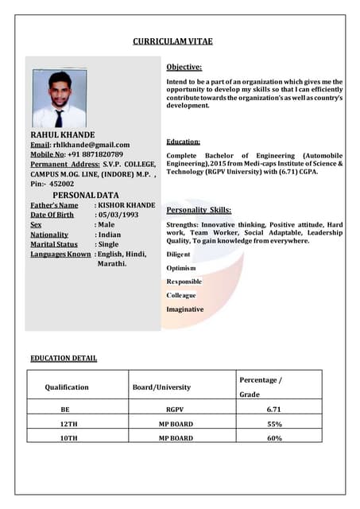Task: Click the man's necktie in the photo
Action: click(x=59, y=118)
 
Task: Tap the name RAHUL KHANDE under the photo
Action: click(x=63, y=135)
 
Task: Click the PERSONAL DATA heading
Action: click(x=85, y=195)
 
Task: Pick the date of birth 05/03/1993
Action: click(x=118, y=215)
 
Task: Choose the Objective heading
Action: click(x=184, y=67)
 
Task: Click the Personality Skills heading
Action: click(x=199, y=210)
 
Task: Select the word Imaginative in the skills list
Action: click(x=184, y=309)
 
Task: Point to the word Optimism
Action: click(x=181, y=268)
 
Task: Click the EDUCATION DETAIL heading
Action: click(x=64, y=358)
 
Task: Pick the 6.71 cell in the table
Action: click(x=274, y=410)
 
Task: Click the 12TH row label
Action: click(x=69, y=424)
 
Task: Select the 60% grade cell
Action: click(x=274, y=438)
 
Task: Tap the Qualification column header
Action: click(x=67, y=387)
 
